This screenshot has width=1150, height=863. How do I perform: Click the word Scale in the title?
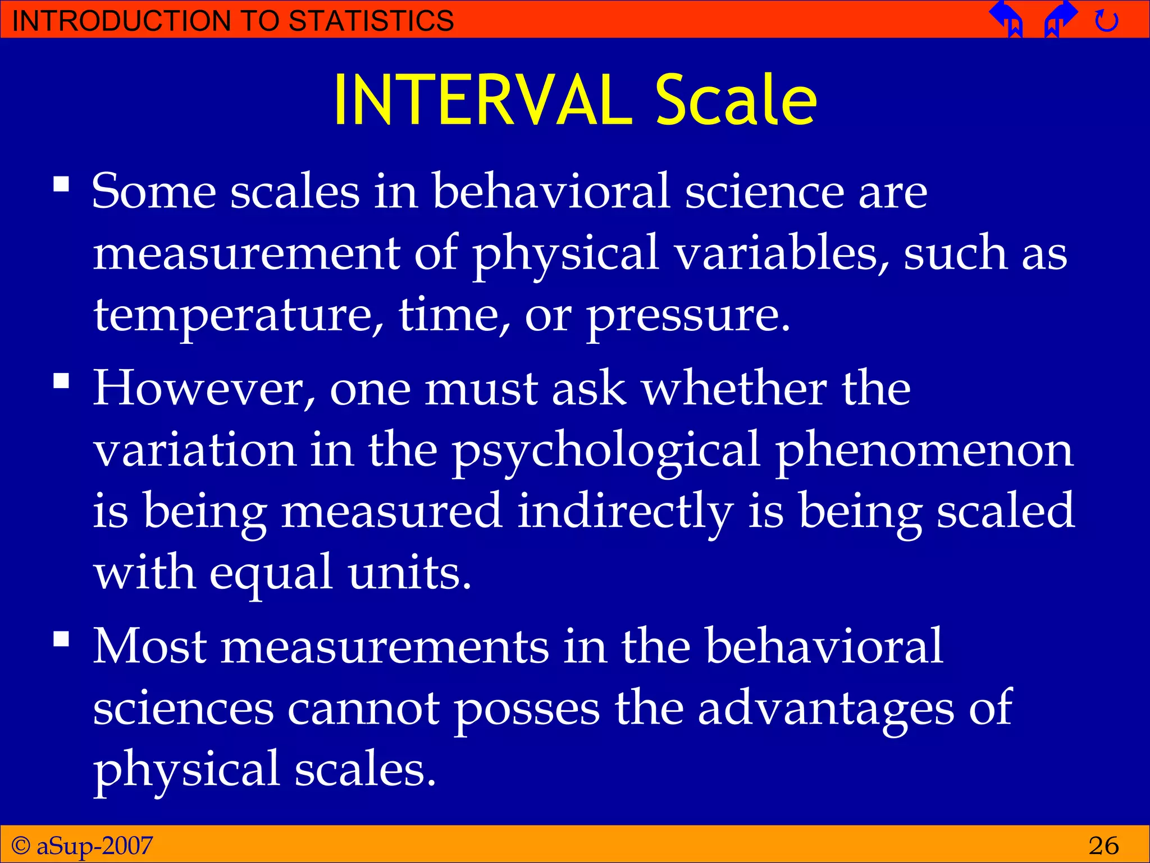(x=736, y=101)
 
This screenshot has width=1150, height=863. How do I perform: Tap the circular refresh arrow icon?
(x=1106, y=21)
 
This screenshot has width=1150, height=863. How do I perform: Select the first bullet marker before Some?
(x=61, y=184)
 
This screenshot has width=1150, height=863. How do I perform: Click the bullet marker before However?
(x=61, y=381)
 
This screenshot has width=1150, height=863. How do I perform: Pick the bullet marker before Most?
(x=61, y=639)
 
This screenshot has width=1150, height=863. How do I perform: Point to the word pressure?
(x=688, y=316)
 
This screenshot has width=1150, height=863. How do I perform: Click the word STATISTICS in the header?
(x=371, y=21)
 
